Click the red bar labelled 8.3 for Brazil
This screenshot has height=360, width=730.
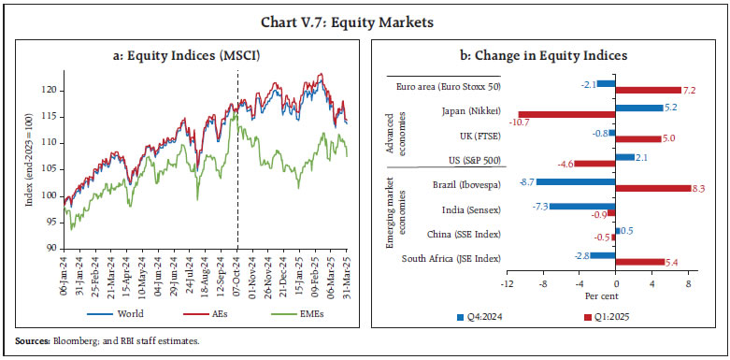[x=653, y=189]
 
